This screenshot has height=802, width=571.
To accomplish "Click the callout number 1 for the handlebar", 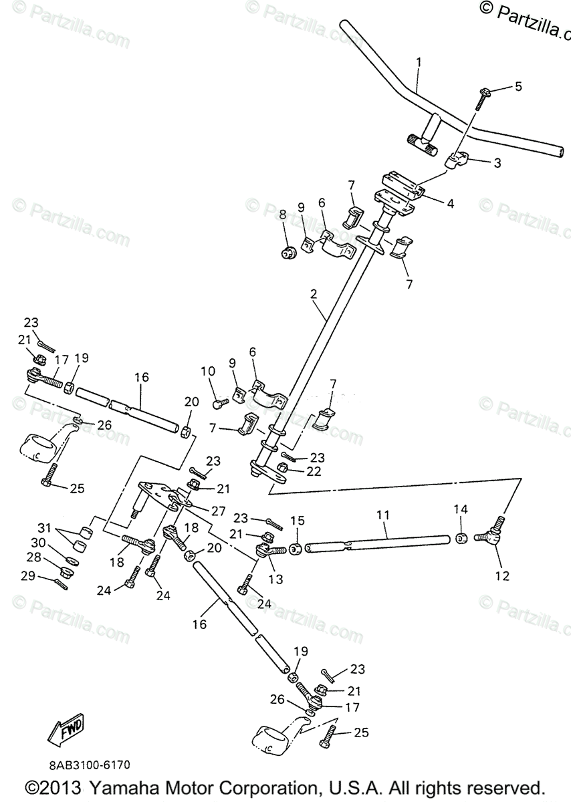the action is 419,63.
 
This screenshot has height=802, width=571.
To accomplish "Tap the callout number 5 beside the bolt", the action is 518,86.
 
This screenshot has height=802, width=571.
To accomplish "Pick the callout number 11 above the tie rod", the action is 382,515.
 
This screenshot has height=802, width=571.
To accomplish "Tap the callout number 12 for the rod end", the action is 501,575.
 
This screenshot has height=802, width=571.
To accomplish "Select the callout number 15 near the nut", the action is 297,520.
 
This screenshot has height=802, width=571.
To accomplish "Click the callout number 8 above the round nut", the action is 283,215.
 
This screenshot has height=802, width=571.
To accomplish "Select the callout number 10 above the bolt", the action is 207,370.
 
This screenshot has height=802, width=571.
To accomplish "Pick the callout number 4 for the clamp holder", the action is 451,203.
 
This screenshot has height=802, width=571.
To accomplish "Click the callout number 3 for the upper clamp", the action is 497,162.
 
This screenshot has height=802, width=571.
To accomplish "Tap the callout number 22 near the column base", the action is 314,471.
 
